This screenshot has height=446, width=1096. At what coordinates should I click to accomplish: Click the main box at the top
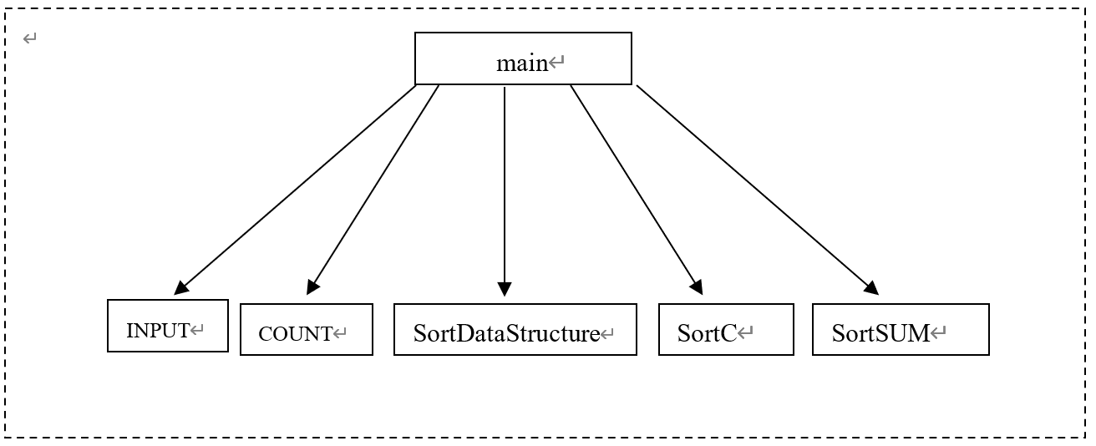(x=523, y=58)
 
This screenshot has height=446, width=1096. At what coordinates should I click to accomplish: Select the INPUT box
(x=168, y=326)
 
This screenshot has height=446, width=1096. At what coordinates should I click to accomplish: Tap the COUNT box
(x=307, y=330)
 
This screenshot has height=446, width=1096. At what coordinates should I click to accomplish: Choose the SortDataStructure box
(x=515, y=330)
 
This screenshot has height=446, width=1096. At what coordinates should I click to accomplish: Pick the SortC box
(x=726, y=330)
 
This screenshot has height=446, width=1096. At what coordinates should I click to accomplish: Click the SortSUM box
(x=901, y=330)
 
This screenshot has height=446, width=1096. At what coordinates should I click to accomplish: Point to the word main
(x=522, y=63)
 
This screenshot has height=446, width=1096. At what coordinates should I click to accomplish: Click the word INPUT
(x=158, y=331)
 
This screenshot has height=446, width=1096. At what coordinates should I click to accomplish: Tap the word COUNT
(x=296, y=334)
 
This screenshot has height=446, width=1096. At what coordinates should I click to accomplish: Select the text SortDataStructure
(x=506, y=333)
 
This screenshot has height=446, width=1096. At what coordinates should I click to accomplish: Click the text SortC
(x=707, y=333)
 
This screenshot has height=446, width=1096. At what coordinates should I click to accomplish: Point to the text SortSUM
(x=880, y=333)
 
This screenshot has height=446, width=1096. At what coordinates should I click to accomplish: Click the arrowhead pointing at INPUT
(x=181, y=288)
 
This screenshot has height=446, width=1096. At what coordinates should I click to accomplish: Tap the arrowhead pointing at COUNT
(x=312, y=288)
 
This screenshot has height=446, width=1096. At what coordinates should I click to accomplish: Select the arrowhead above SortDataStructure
(x=505, y=289)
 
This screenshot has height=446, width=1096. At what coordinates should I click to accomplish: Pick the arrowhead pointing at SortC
(x=697, y=287)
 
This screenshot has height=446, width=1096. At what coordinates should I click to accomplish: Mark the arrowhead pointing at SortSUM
(x=871, y=288)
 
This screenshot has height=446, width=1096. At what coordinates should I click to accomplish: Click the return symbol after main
(x=557, y=62)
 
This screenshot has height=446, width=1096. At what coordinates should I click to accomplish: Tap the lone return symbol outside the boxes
(x=30, y=38)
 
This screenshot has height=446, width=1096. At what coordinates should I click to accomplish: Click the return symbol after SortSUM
(x=938, y=333)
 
